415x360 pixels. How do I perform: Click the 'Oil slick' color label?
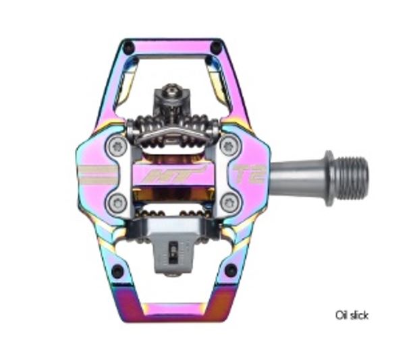point(352,316)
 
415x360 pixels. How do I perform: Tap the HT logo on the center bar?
point(173,175)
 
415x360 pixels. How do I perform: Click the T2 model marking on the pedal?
point(249,175)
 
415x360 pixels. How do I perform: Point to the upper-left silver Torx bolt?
point(117,146)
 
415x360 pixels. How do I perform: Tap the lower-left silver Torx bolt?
point(117,204)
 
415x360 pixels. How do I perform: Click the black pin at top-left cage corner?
point(129,47)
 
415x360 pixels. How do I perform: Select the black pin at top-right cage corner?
point(216,47)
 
